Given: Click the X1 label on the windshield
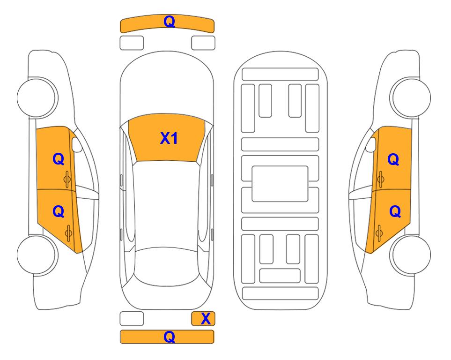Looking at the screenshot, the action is point(169,138).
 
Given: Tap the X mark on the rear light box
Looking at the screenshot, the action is point(206,319).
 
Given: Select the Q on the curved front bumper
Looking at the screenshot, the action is point(169,21).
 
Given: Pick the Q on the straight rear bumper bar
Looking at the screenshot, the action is point(169,337).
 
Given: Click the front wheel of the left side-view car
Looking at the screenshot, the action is point(37,97).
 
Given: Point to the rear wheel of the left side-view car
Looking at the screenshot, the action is point(37,255).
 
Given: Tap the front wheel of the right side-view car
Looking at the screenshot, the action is point(411,97).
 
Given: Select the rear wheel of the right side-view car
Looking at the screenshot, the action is point(411,255).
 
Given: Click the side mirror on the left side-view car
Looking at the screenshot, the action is point(76,144).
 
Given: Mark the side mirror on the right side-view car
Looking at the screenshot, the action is point(371,144).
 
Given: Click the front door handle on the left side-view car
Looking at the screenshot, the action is point(67,179).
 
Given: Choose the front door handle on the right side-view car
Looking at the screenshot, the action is point(380,179).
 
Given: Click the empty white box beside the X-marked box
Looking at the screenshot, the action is point(132,319).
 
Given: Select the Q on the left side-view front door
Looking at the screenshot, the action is point(59,159).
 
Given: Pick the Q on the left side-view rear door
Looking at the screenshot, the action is point(59,212).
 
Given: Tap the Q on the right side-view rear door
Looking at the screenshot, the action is point(395,212).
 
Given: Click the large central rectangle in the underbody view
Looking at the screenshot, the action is point(280,184).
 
